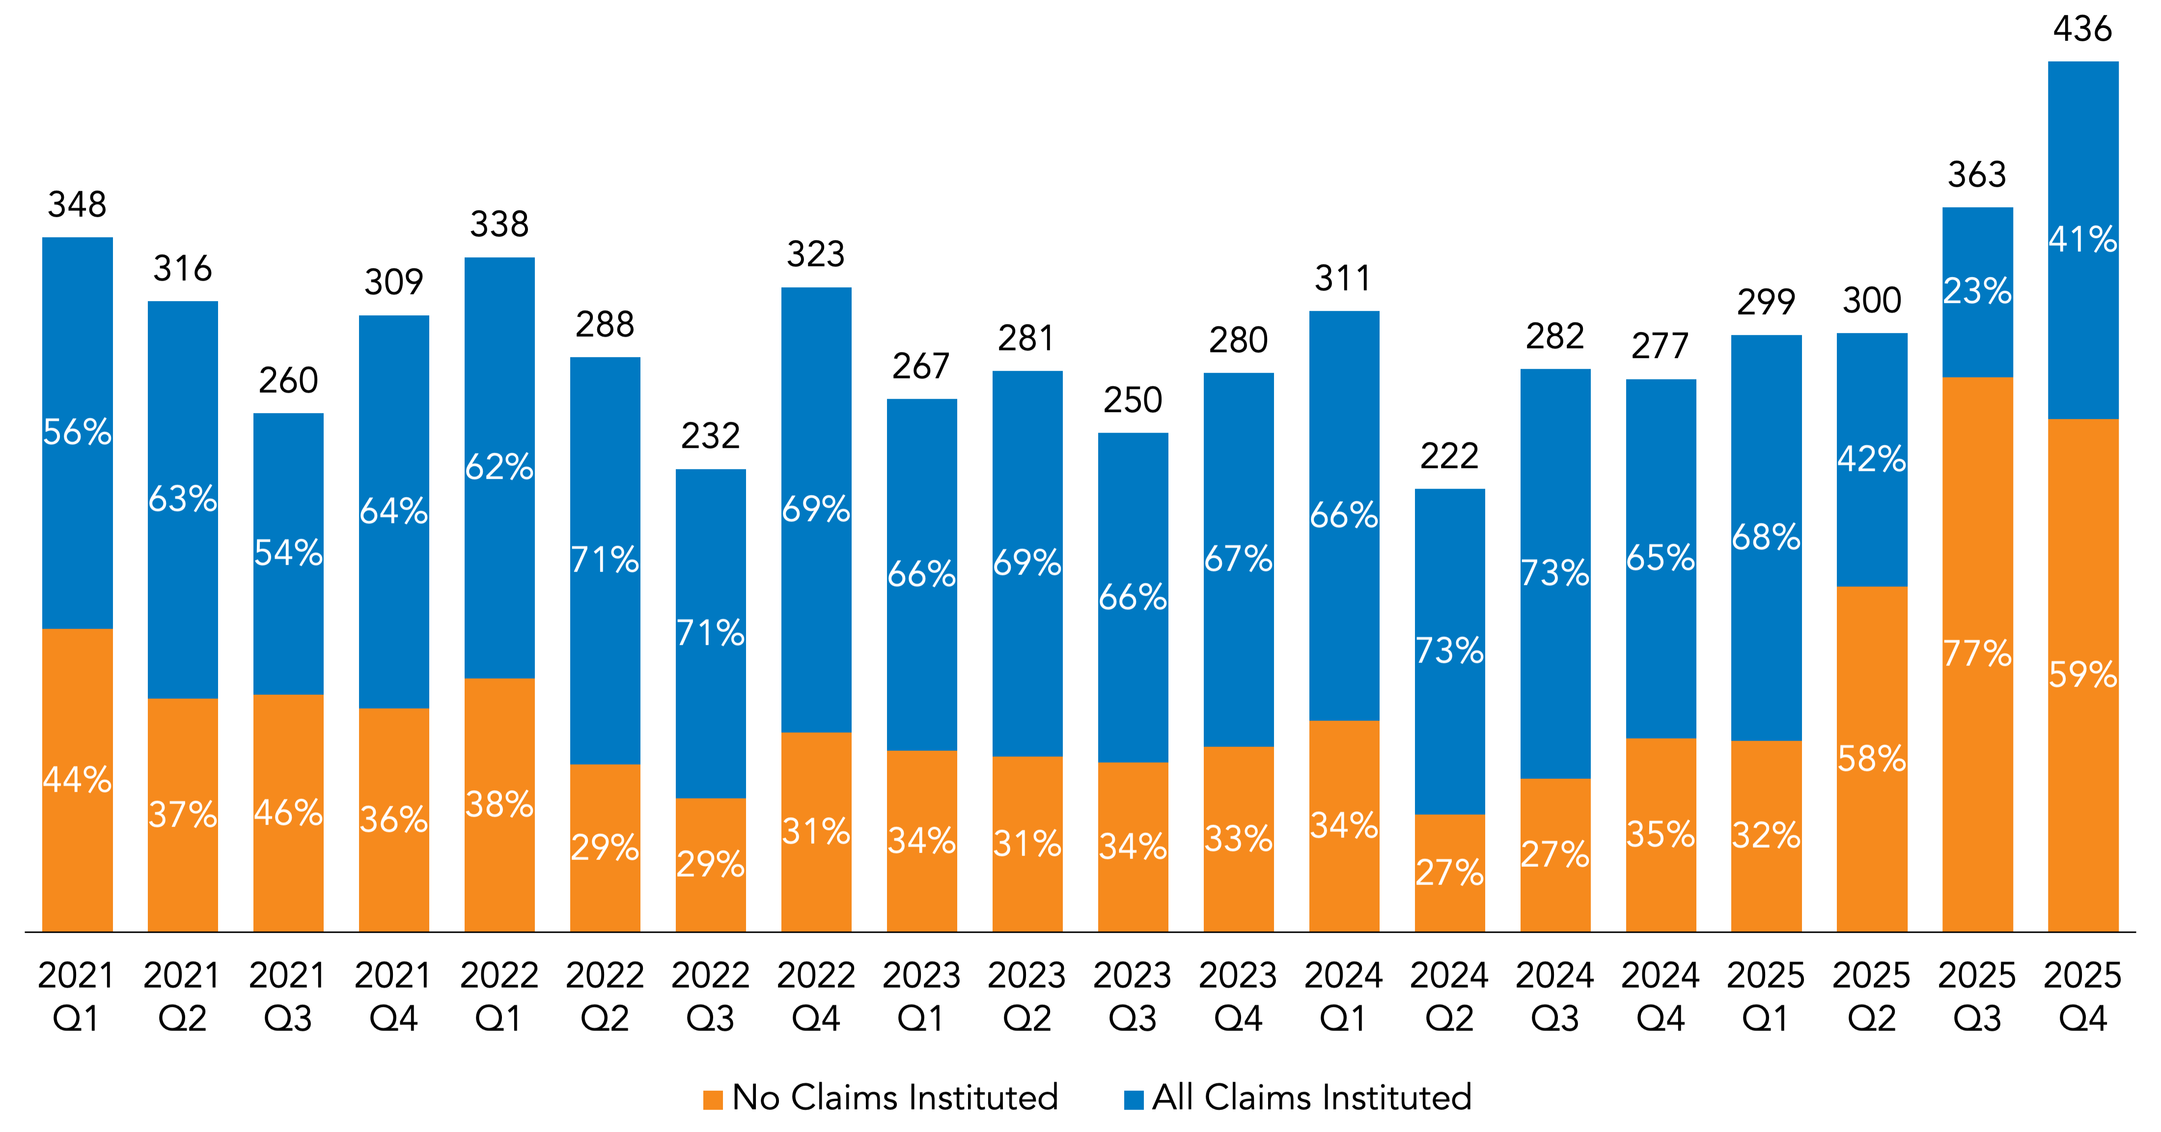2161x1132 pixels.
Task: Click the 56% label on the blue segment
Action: point(77,432)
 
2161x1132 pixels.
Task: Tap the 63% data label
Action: point(183,498)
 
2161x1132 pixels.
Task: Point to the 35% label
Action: point(1661,834)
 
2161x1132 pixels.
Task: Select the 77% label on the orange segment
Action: point(1978,653)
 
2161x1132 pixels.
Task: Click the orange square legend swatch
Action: point(713,1100)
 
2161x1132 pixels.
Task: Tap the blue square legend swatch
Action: point(1134,1100)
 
